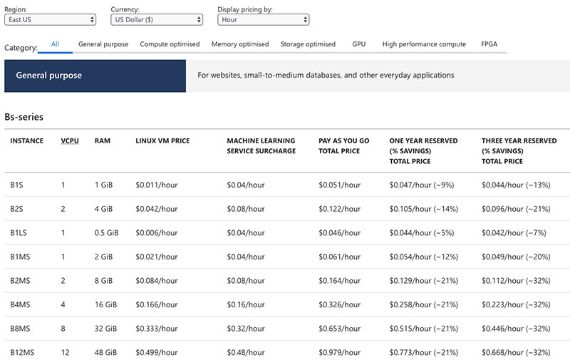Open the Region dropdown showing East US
point(51,20)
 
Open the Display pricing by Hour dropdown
point(263,20)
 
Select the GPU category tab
point(358,44)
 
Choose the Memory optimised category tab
point(240,44)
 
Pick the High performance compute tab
point(424,44)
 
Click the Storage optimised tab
point(308,44)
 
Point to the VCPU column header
point(71,141)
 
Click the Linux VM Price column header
point(162,141)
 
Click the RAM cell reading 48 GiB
point(108,352)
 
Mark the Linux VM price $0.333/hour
point(156,329)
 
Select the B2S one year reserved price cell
point(423,209)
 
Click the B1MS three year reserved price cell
point(516,257)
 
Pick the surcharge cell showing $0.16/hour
point(246,304)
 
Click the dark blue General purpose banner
point(95,76)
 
